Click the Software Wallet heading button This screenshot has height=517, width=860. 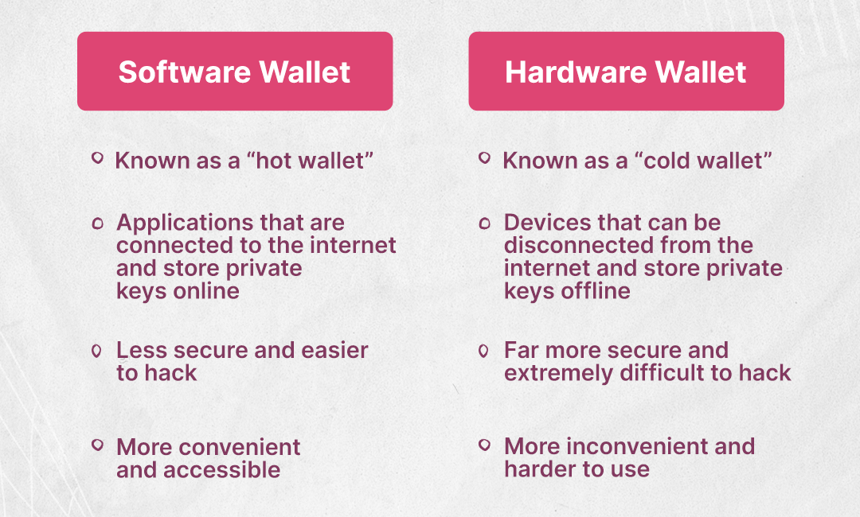235,72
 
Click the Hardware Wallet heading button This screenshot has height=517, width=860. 627,72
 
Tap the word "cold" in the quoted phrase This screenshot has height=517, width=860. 665,161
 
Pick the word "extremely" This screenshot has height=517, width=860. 558,374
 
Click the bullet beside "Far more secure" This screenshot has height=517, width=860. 483,351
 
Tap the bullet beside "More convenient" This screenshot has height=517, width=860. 98,445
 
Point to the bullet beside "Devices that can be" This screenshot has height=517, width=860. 484,223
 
